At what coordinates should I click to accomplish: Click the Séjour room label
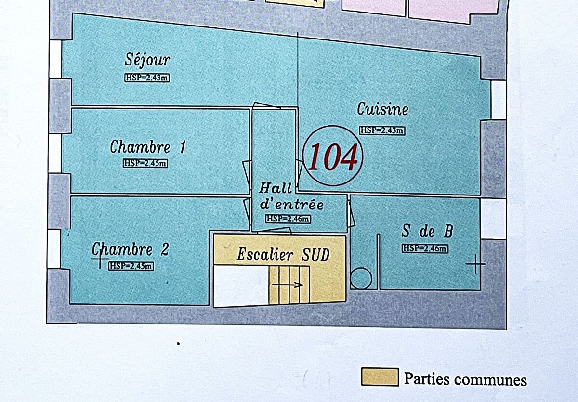click(x=147, y=60)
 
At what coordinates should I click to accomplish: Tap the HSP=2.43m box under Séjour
click(x=147, y=78)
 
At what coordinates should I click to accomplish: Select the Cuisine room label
click(x=382, y=109)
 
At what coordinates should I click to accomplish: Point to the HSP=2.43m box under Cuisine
click(x=382, y=130)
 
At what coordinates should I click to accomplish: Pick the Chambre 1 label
click(x=148, y=147)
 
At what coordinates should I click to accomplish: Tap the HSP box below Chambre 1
click(x=145, y=163)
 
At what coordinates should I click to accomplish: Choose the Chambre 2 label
click(x=131, y=249)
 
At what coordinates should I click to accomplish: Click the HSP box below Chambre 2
click(x=131, y=266)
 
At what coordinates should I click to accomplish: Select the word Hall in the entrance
click(x=276, y=188)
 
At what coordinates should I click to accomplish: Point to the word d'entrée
click(x=291, y=204)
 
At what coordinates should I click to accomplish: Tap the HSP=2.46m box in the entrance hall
click(x=288, y=219)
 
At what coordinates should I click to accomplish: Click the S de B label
click(x=427, y=231)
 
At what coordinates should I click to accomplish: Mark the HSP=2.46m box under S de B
click(x=425, y=248)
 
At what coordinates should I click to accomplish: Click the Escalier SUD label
click(x=283, y=255)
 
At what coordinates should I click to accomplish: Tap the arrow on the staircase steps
click(x=288, y=285)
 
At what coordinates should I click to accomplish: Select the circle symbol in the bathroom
click(x=361, y=278)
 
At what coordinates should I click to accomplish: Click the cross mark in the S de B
click(x=475, y=264)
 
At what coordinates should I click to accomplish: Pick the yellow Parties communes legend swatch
click(x=380, y=377)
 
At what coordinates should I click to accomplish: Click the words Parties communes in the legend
click(x=465, y=379)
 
